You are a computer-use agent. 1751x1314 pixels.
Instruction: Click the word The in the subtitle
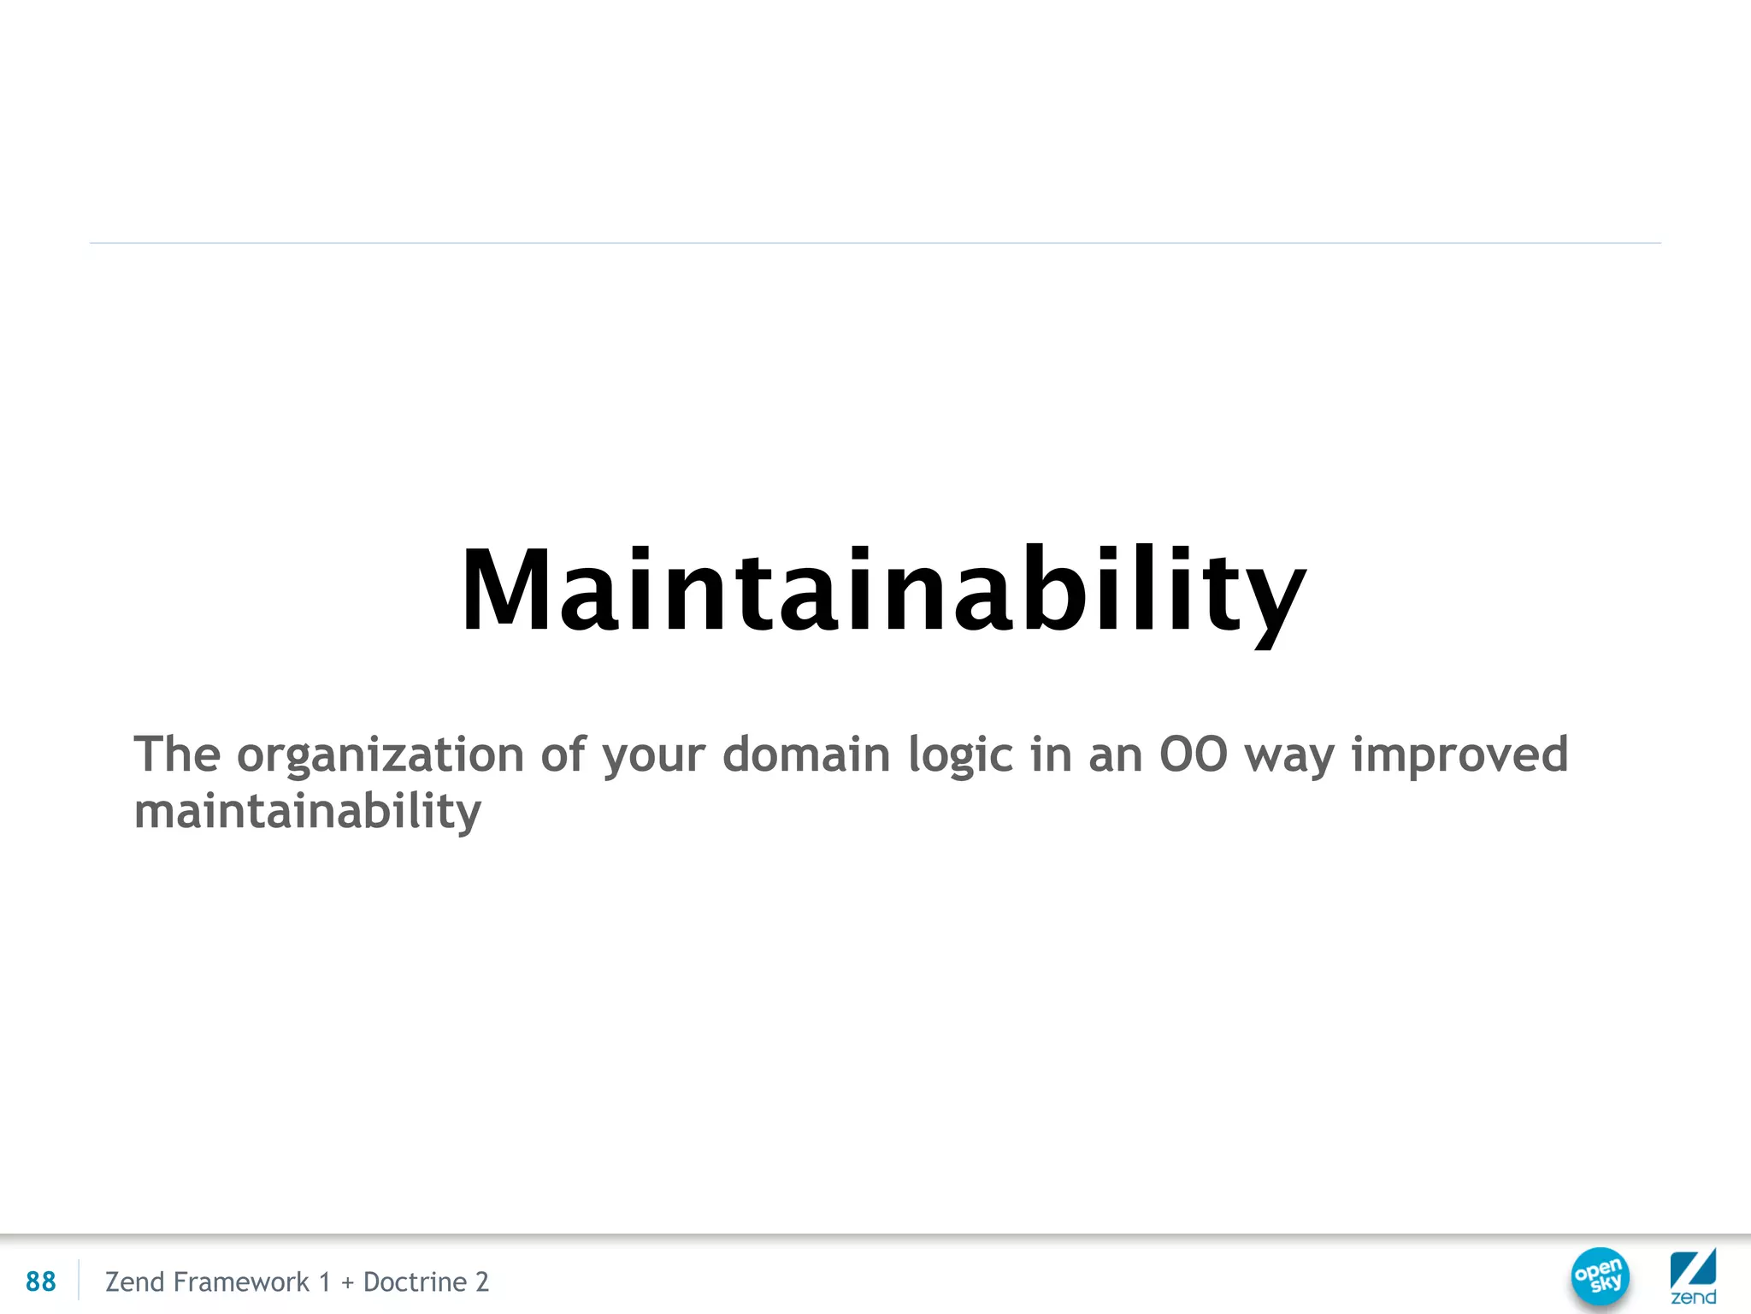pyautogui.click(x=177, y=754)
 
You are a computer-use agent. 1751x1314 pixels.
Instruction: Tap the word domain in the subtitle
pyautogui.click(x=806, y=754)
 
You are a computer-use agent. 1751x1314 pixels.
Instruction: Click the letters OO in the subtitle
pyautogui.click(x=1193, y=754)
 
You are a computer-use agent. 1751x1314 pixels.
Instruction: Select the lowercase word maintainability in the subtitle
pyautogui.click(x=308, y=811)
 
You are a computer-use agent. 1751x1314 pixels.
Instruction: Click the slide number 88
pyautogui.click(x=40, y=1281)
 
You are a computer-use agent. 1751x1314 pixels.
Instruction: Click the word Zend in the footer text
pyautogui.click(x=134, y=1281)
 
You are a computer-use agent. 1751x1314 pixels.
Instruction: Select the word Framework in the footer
pyautogui.click(x=241, y=1281)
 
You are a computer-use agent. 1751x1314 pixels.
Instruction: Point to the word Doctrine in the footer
pyautogui.click(x=415, y=1281)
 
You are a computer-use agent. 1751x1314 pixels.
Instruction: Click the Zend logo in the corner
pyautogui.click(x=1693, y=1276)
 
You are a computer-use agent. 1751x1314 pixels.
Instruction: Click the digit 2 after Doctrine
pyautogui.click(x=482, y=1281)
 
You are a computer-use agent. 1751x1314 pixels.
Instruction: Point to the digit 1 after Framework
pyautogui.click(x=325, y=1281)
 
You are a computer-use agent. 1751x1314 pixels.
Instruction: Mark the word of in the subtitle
pyautogui.click(x=563, y=754)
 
